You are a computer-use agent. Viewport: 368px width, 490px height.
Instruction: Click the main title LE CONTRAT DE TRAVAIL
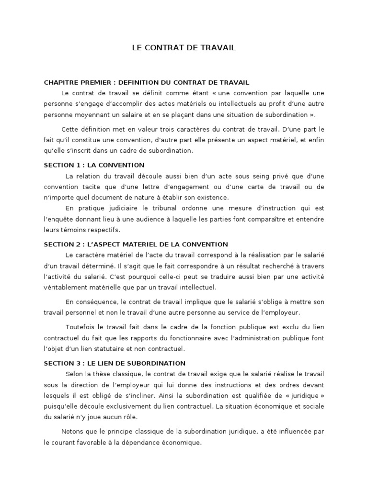184,48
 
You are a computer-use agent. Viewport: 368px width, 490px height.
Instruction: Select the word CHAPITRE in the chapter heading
59,82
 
